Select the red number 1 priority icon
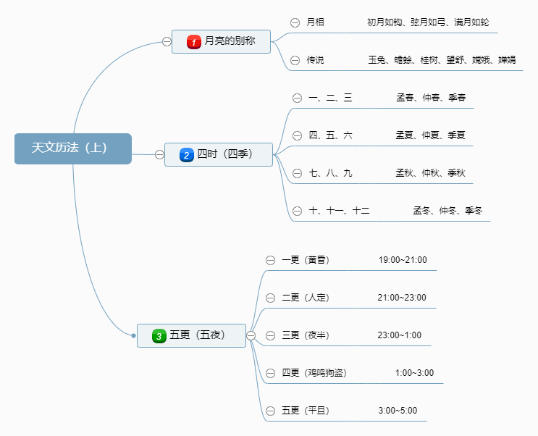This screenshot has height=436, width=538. click(193, 42)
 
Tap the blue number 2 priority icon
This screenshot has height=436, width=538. click(186, 154)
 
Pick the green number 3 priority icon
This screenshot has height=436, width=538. click(159, 335)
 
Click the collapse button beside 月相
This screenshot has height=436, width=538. click(295, 22)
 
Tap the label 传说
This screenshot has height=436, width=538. click(315, 60)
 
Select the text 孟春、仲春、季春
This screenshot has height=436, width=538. click(431, 98)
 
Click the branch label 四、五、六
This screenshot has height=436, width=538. click(330, 135)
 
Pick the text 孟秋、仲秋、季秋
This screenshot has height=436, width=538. click(430, 173)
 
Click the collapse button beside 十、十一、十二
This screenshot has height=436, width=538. click(297, 211)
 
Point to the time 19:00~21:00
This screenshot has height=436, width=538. click(403, 260)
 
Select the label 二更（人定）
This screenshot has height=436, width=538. click(305, 298)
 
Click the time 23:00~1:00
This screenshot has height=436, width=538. click(399, 335)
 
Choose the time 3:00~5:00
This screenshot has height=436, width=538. click(398, 411)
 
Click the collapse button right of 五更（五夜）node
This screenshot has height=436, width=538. click(251, 335)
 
